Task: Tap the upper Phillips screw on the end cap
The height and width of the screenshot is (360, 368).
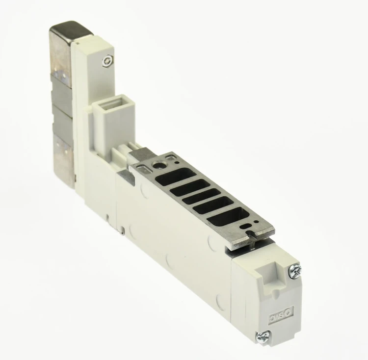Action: (295, 272)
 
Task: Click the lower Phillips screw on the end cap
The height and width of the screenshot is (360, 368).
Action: (263, 337)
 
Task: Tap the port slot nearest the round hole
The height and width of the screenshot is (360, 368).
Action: (176, 175)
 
